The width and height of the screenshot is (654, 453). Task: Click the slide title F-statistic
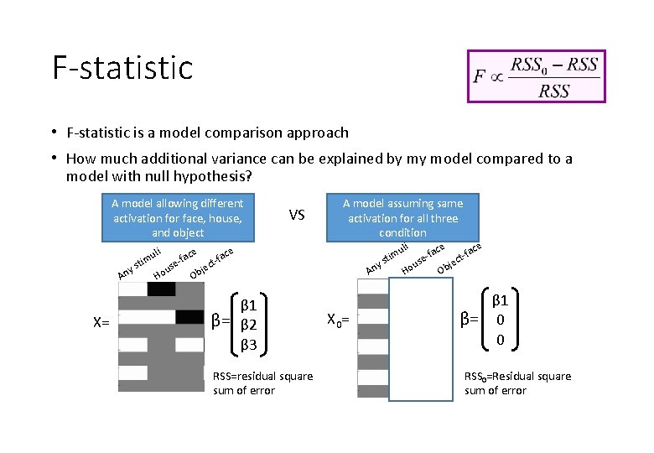coord(122,68)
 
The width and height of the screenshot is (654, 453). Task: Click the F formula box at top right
coord(537,76)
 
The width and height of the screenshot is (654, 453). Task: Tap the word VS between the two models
coord(297,216)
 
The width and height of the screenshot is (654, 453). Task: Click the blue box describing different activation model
coord(178,217)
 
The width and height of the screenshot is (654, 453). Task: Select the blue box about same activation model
coord(402,217)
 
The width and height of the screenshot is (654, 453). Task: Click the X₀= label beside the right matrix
coord(338,320)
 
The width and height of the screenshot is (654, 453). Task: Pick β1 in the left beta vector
coord(250,305)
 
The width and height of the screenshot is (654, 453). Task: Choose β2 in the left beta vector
coord(250,325)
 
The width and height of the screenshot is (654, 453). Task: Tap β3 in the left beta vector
coord(250,344)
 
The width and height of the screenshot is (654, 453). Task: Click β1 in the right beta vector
coord(501,299)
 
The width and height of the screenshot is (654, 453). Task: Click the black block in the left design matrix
coord(162,289)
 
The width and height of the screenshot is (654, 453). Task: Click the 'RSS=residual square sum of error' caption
coord(262,383)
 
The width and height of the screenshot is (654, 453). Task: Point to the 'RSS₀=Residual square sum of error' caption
coord(517,383)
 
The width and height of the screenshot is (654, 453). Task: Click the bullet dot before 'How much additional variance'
coord(53,157)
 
